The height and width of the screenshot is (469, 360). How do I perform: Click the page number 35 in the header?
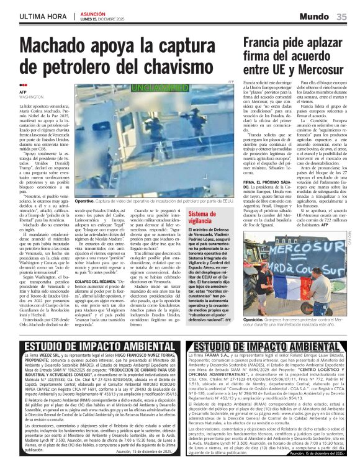click(342, 17)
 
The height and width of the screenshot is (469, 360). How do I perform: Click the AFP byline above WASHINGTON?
click(23, 92)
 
